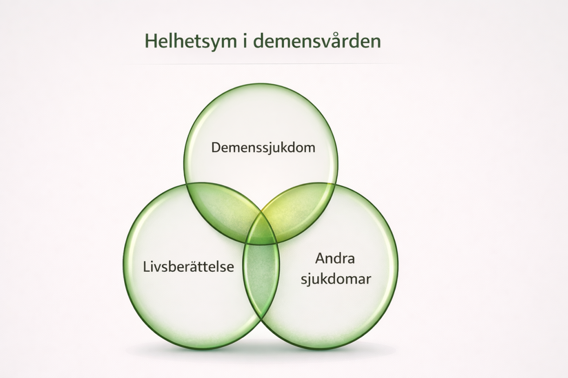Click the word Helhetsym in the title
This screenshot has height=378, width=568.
(191, 42)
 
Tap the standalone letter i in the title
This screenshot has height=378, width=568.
(245, 41)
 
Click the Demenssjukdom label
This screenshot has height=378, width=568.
(263, 148)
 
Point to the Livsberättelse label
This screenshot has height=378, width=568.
(189, 267)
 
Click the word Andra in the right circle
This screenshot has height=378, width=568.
(335, 259)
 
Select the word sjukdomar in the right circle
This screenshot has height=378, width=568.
(336, 280)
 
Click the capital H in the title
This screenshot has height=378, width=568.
(151, 41)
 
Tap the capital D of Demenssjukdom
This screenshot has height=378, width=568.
(216, 148)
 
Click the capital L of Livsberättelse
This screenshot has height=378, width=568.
(146, 267)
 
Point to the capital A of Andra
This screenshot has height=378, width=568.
(320, 259)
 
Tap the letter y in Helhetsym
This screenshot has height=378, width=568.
(209, 43)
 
